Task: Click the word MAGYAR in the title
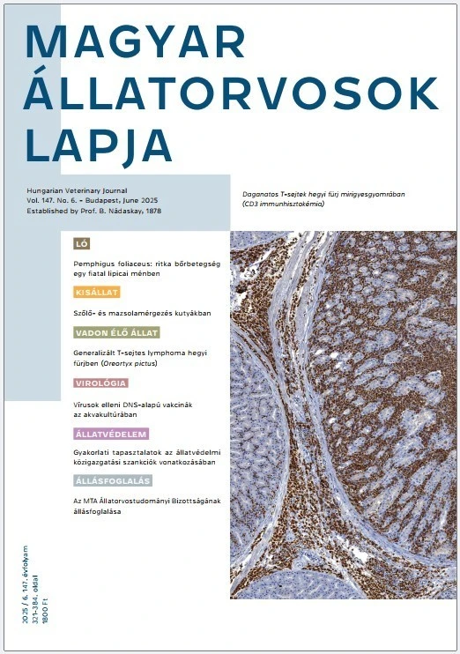(x=137, y=41)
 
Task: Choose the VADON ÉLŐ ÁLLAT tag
(x=115, y=333)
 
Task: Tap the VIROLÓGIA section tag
(x=100, y=383)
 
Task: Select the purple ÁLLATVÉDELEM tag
(x=110, y=434)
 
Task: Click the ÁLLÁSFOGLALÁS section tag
(x=113, y=481)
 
